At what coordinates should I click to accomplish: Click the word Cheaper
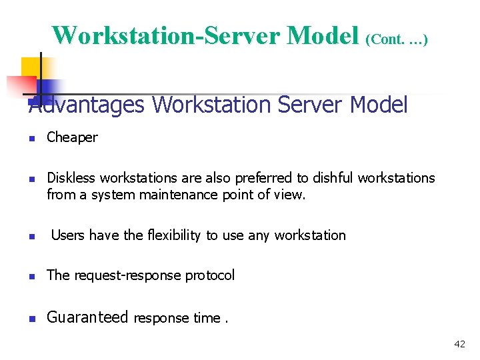click(x=72, y=137)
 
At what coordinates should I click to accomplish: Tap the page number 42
click(x=459, y=344)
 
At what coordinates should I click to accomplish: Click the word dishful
click(x=334, y=178)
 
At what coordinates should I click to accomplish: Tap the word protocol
click(x=210, y=275)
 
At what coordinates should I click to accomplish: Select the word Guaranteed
click(x=87, y=317)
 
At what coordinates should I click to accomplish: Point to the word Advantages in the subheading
click(x=87, y=105)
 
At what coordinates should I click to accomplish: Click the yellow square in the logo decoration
click(x=31, y=67)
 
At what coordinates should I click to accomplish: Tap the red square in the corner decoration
click(x=21, y=86)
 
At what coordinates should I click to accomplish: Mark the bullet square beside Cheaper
click(x=31, y=139)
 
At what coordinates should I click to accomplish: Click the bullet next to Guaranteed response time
click(x=31, y=319)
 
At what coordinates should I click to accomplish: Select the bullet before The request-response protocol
click(x=31, y=277)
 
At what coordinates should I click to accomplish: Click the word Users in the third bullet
click(x=68, y=235)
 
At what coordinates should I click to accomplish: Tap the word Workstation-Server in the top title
click(x=166, y=35)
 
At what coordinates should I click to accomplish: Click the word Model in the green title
click(x=323, y=35)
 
